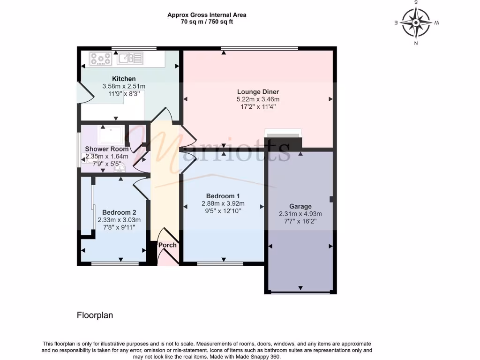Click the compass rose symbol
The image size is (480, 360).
(416, 22)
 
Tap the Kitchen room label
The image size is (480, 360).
(124, 79)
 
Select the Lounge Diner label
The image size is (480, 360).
(258, 92)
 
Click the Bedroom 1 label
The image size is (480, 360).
(223, 196)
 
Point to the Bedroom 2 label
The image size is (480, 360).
(119, 212)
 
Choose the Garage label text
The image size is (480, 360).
(300, 206)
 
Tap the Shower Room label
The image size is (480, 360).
(106, 149)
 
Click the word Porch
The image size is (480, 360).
(167, 245)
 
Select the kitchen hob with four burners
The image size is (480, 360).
(101, 59)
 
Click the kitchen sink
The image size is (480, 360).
(130, 59)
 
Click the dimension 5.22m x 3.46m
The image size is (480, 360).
(258, 99)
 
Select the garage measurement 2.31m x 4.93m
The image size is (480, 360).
(300, 214)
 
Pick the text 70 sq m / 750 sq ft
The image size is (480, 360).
(207, 22)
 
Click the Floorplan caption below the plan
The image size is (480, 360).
(95, 315)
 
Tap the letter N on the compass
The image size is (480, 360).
(416, 44)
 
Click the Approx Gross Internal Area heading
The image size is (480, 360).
(207, 15)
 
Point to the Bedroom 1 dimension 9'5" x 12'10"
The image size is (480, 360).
(223, 211)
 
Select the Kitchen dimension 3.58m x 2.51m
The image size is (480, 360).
(124, 86)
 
